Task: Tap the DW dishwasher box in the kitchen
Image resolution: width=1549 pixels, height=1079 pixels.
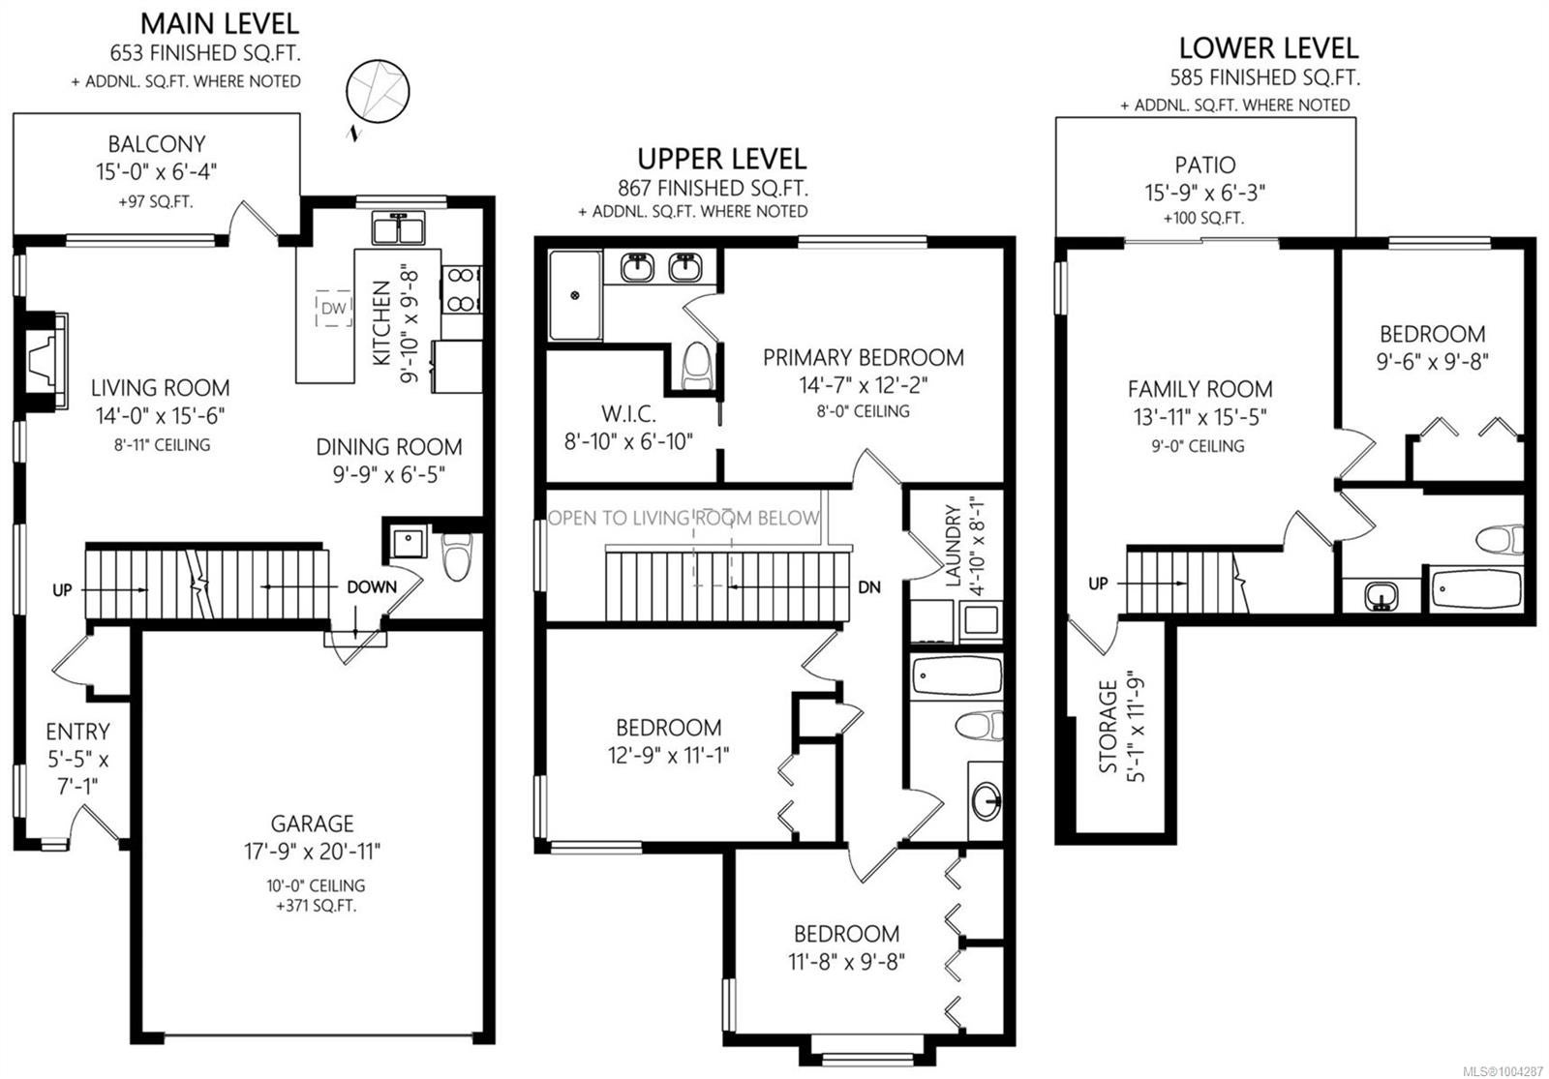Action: [x=334, y=309]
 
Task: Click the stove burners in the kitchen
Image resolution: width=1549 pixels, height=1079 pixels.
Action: [x=461, y=289]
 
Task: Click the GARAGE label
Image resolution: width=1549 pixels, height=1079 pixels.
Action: [x=312, y=824]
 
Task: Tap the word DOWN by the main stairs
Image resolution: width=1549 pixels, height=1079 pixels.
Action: [x=372, y=586]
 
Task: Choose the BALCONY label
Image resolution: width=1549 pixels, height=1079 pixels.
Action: [x=156, y=144]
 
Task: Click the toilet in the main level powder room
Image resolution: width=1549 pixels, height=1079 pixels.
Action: [x=459, y=555]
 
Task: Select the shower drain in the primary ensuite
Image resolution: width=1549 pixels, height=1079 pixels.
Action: [x=575, y=296]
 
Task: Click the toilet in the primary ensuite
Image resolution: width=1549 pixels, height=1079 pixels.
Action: [x=697, y=367]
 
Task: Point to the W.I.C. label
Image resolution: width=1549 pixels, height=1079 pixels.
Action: [x=628, y=413]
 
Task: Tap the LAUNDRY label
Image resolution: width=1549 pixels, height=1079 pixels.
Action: [x=954, y=546]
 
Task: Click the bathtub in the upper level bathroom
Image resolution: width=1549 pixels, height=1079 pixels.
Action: [x=957, y=675]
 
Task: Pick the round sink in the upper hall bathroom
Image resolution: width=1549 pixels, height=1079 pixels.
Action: [x=987, y=801]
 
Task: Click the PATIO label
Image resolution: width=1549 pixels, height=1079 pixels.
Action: [x=1204, y=165]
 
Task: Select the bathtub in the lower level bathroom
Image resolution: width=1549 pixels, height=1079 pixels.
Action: [x=1475, y=588]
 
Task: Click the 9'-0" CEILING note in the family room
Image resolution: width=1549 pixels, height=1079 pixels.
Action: [x=1198, y=446]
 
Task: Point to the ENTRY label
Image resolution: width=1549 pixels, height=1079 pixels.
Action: [x=77, y=732]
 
